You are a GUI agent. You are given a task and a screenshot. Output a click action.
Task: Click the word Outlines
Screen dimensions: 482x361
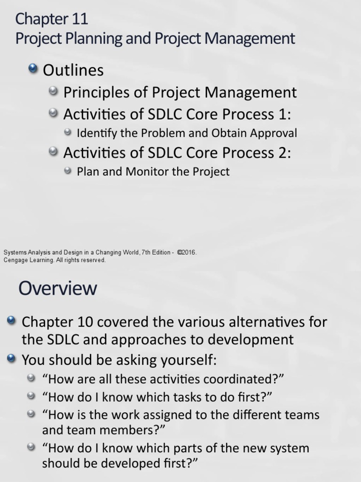[x=73, y=71]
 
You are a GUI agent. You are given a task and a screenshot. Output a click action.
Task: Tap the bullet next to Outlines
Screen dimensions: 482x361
[x=33, y=70]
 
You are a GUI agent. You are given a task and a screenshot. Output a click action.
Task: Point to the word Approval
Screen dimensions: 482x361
[x=274, y=133]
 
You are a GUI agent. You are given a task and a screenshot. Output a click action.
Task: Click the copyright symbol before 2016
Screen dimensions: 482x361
[x=180, y=252]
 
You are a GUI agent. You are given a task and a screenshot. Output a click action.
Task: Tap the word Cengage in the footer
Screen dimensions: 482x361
[x=16, y=260]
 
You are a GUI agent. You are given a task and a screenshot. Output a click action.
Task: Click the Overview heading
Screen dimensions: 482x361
[x=58, y=288]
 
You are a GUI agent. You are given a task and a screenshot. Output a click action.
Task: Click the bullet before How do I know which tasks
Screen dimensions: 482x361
[x=31, y=396]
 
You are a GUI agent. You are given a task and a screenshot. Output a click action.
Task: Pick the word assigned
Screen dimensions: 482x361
[x=161, y=415]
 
